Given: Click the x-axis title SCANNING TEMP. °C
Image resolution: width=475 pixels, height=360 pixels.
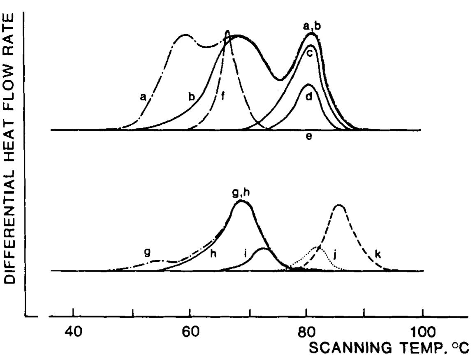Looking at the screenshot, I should click(x=389, y=348).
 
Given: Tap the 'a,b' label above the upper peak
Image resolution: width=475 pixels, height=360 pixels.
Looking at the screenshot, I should click(x=312, y=26).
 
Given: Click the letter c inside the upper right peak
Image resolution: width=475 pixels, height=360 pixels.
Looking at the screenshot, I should click(x=310, y=53).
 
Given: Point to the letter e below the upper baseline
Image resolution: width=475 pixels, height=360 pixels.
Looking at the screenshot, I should click(x=309, y=137).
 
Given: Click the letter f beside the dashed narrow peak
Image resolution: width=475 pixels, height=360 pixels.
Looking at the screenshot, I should click(x=222, y=97).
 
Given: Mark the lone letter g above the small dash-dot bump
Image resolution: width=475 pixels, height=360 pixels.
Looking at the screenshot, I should click(x=147, y=252).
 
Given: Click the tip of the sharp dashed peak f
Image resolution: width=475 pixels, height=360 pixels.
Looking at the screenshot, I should click(x=227, y=31).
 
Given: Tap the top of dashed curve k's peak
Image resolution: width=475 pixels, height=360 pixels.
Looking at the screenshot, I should click(x=339, y=205).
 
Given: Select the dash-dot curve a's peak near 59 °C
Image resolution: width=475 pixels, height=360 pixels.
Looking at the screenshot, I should click(x=185, y=35).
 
